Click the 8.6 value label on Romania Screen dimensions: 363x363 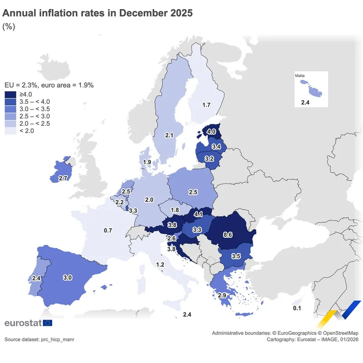pyautogui.click(x=228, y=235)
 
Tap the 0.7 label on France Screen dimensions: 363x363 pyautogui.click(x=108, y=231)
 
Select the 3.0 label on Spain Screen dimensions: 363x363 pyautogui.click(x=68, y=277)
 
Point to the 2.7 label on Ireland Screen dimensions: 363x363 pyautogui.click(x=63, y=178)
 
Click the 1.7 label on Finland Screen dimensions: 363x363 pyautogui.click(x=206, y=105)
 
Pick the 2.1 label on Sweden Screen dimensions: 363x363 pyautogui.click(x=170, y=135)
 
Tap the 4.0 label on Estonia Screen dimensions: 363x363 pyautogui.click(x=211, y=132)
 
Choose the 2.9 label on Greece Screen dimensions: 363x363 pyautogui.click(x=222, y=295)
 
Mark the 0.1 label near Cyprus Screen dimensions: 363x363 pyautogui.click(x=297, y=309)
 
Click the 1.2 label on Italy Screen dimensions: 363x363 pyautogui.click(x=160, y=265)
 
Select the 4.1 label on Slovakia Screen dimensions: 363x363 pyautogui.click(x=198, y=214)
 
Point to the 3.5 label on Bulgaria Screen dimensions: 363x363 pyautogui.click(x=236, y=256)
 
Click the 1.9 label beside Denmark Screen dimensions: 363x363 pyautogui.click(x=147, y=162)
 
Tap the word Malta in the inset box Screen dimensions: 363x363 pyautogui.click(x=299, y=75)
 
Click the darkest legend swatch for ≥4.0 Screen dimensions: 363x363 pyautogui.click(x=10, y=94)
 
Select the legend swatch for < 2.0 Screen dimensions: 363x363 pyautogui.click(x=10, y=131)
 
